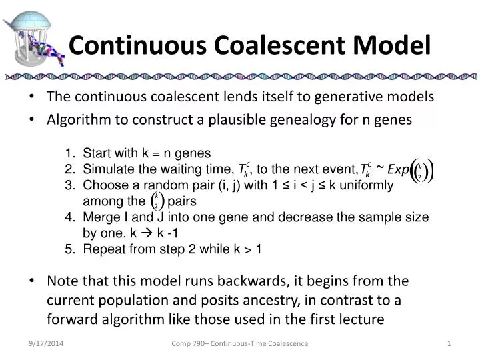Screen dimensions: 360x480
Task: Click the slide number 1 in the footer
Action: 449,343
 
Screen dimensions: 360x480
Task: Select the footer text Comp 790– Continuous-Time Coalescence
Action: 240,343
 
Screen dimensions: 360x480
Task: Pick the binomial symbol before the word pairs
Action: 156,201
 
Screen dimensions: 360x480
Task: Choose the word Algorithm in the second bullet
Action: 77,119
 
